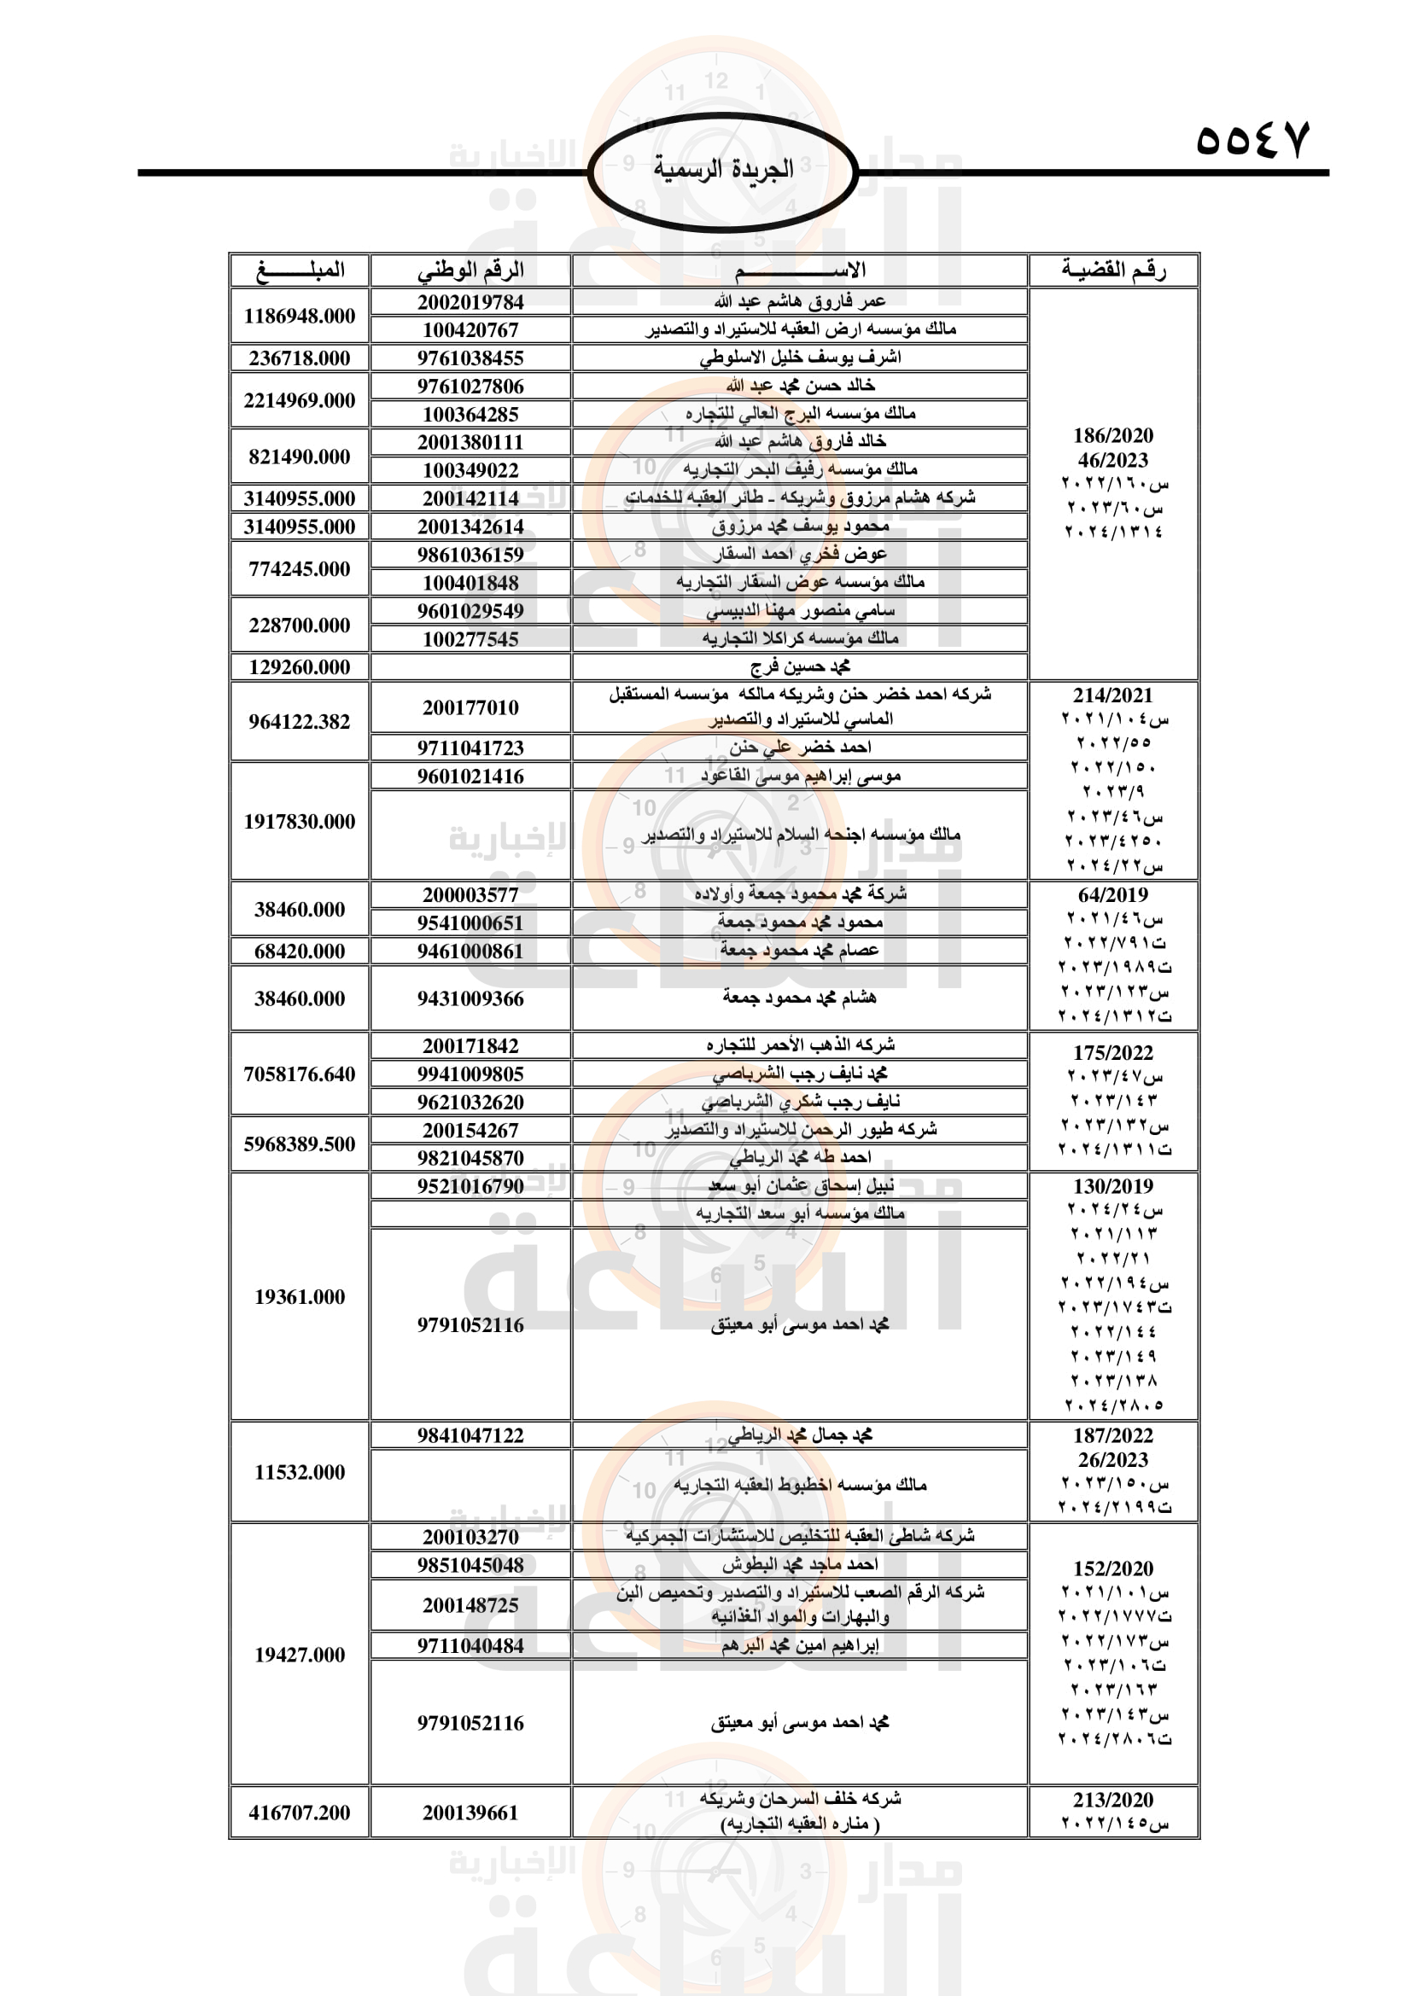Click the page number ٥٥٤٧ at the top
pyautogui.click(x=1252, y=139)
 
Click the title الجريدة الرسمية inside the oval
pyautogui.click(x=723, y=169)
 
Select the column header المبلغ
pyautogui.click(x=300, y=271)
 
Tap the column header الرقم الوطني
pyautogui.click(x=470, y=271)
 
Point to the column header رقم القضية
pyautogui.click(x=1113, y=271)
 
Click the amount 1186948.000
pyautogui.click(x=299, y=317)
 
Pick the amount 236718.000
pyautogui.click(x=299, y=358)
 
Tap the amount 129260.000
pyautogui.click(x=299, y=666)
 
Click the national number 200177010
pyautogui.click(x=470, y=707)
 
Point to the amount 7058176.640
pyautogui.click(x=299, y=1074)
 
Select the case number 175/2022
pyautogui.click(x=1113, y=1053)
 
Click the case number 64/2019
pyautogui.click(x=1113, y=894)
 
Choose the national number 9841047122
pyautogui.click(x=470, y=1435)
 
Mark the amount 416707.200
pyautogui.click(x=299, y=1813)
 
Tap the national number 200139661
pyautogui.click(x=470, y=1813)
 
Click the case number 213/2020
pyautogui.click(x=1113, y=1800)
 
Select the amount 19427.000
pyautogui.click(x=299, y=1655)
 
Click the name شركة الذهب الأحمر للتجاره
pyautogui.click(x=800, y=1045)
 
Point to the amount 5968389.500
pyautogui.click(x=299, y=1144)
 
